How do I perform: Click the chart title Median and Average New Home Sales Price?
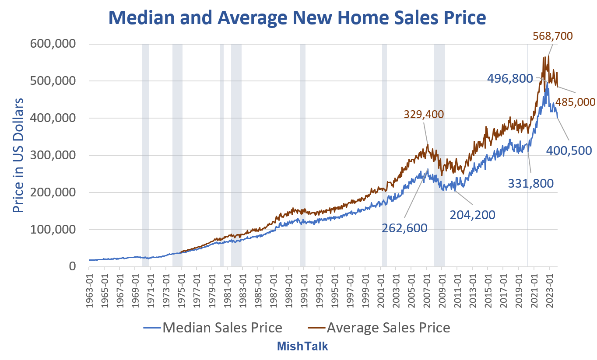click(297, 18)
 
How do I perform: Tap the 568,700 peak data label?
click(552, 36)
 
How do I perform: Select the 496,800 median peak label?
click(510, 79)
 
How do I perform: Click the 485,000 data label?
click(576, 102)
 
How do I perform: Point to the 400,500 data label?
click(569, 150)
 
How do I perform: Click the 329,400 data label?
click(424, 115)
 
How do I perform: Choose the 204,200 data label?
click(472, 215)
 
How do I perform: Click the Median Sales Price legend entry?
click(212, 328)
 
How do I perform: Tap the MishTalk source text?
click(302, 347)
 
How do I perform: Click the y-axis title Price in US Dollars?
click(18, 155)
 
